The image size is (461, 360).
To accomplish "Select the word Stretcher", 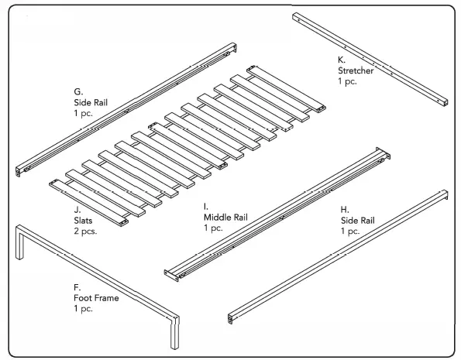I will (356, 70).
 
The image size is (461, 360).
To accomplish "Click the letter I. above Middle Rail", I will (205, 207).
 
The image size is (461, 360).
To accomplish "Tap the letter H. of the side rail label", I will (344, 209).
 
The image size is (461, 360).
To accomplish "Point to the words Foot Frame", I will (96, 298).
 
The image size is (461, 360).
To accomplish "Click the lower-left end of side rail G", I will (22, 169).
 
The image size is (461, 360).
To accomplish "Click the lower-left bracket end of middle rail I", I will (169, 272).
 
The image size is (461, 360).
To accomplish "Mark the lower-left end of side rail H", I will (231, 317).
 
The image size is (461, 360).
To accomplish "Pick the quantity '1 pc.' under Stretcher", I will (347, 81).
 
